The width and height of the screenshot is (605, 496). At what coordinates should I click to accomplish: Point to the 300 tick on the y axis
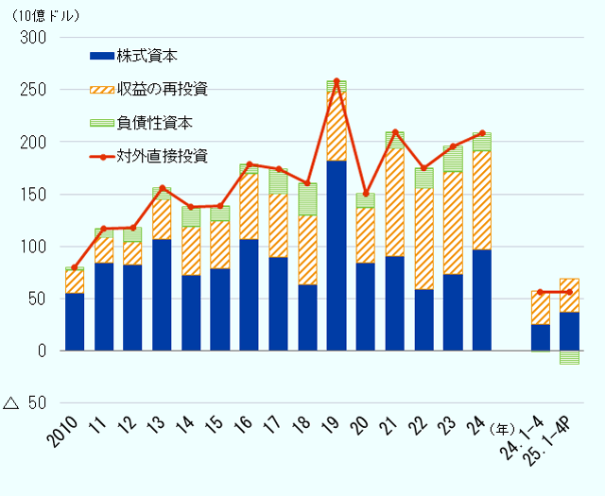33,38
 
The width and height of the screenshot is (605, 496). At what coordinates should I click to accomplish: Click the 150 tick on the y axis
33,195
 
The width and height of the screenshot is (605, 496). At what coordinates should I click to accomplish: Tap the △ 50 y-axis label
26,403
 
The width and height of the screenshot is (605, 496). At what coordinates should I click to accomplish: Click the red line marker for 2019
337,81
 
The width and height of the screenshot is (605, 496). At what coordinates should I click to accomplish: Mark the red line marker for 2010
75,267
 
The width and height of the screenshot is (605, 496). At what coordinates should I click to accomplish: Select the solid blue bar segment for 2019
337,255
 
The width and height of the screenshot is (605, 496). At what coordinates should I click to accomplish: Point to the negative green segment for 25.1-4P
569,357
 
